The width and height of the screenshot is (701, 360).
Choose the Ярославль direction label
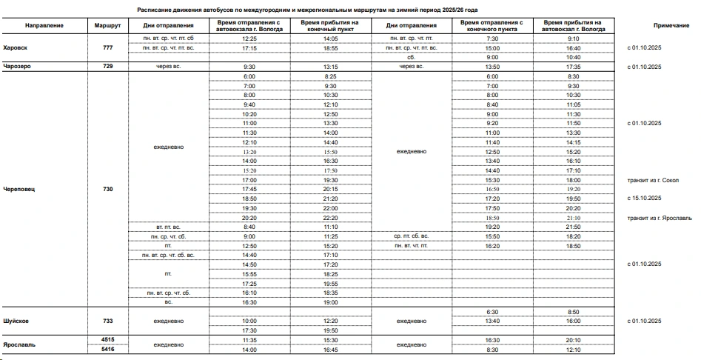[20, 344]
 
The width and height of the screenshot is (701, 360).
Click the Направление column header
[44, 26]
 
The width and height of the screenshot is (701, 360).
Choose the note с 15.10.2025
[644, 199]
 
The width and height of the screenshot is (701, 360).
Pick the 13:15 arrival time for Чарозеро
[330, 66]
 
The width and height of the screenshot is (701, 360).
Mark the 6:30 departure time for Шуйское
[492, 311]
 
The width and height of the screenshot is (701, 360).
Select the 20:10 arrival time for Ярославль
[573, 339]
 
